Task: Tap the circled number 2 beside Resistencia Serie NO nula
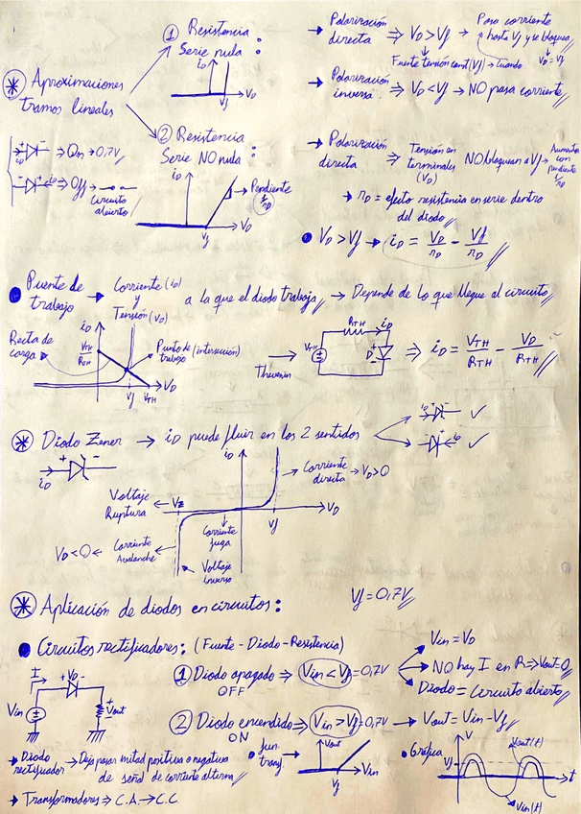pyautogui.click(x=162, y=132)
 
